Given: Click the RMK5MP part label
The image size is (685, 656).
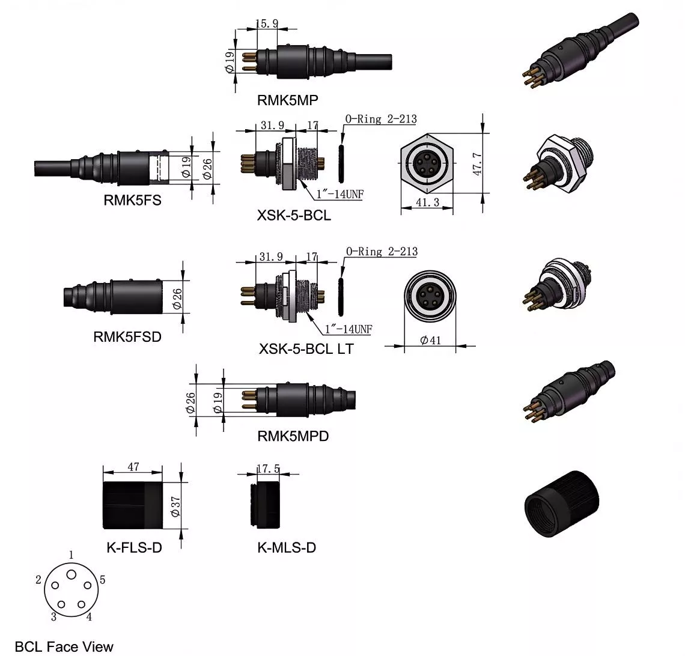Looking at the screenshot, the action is [x=287, y=100].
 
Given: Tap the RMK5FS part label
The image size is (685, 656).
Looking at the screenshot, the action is [x=132, y=200].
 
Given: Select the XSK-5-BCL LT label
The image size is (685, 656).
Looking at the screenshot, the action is [x=306, y=348].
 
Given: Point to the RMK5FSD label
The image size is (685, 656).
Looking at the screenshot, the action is [x=127, y=337].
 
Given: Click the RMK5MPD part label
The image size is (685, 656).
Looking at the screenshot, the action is [x=293, y=436].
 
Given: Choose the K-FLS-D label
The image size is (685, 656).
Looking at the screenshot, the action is [x=134, y=547].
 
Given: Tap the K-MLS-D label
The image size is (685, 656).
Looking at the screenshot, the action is [x=287, y=547].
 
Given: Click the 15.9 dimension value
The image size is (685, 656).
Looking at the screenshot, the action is [x=267, y=23].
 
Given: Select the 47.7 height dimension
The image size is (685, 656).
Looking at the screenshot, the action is [x=477, y=164].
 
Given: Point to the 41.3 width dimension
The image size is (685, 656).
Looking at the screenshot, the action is [x=427, y=202].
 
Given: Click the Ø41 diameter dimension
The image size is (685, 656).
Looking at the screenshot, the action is [x=430, y=340].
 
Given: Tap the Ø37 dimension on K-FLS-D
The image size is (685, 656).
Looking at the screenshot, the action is [x=175, y=506].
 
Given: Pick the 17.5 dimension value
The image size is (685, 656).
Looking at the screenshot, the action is [x=268, y=469].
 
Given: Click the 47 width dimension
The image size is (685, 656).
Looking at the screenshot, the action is [x=133, y=467].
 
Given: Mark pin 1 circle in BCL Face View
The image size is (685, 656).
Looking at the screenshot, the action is [x=72, y=574].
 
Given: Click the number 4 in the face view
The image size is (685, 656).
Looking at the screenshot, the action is [x=89, y=617].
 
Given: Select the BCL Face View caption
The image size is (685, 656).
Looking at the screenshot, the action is [x=64, y=646].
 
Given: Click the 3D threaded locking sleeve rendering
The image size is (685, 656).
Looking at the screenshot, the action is [x=562, y=503].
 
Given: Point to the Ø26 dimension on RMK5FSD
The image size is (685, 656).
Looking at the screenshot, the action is [x=177, y=299].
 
